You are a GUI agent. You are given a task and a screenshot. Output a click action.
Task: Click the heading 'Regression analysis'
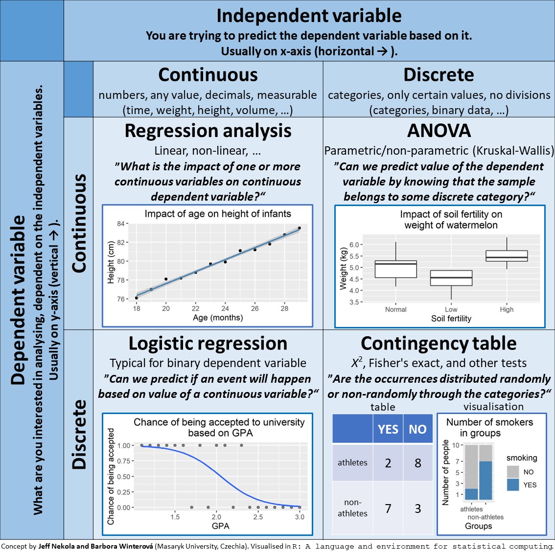208,131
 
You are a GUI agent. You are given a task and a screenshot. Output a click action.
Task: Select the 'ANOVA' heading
439,131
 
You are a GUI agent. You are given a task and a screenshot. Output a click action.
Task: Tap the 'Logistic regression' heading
208,344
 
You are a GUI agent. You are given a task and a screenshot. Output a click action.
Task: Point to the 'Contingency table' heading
439,344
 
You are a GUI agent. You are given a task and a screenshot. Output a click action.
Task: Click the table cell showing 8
417,463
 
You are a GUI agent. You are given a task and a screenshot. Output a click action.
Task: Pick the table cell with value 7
388,509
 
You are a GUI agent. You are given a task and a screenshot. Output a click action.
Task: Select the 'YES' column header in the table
388,429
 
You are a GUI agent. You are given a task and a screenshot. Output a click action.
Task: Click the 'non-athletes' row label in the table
352,508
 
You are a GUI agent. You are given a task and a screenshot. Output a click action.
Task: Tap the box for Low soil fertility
451,278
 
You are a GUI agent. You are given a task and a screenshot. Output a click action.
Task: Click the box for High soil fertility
507,256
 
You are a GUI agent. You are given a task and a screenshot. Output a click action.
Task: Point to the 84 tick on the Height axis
121,224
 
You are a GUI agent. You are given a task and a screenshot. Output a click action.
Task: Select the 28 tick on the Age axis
284,308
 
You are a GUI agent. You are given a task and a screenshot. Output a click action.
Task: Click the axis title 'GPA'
221,526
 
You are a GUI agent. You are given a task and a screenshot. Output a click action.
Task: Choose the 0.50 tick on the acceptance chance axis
124,476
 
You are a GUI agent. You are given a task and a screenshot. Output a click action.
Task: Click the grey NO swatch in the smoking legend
513,472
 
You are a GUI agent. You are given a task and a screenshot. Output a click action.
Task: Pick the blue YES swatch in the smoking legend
513,485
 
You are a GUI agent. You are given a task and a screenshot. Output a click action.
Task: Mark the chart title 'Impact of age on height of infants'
218,214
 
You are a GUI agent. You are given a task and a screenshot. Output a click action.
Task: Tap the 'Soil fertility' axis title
451,319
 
